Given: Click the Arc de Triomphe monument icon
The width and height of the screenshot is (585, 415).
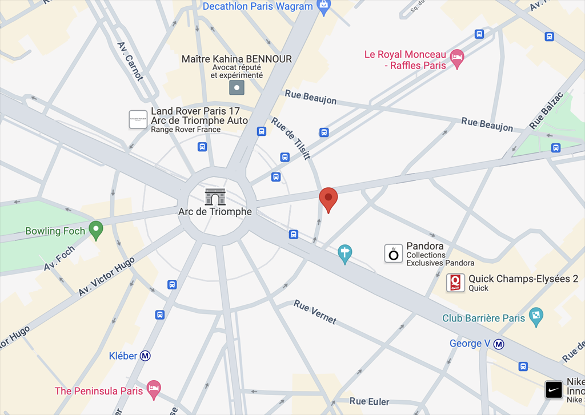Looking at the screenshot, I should [215, 197].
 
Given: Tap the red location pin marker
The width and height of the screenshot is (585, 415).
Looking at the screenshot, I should [328, 199].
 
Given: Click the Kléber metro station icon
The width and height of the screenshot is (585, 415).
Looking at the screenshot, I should [146, 356].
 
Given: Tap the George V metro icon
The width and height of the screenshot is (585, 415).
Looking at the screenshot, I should [499, 344].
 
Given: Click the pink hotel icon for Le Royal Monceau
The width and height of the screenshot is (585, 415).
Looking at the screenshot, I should [456, 58].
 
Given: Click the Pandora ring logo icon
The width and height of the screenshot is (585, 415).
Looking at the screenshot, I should [393, 254].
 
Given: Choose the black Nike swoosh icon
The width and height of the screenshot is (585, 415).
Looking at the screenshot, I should [554, 390].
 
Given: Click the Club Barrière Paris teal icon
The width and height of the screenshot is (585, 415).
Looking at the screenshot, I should [536, 316].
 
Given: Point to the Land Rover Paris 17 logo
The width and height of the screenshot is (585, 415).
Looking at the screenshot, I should [138, 119].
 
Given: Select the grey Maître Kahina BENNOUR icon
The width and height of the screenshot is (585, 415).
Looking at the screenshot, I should [237, 87].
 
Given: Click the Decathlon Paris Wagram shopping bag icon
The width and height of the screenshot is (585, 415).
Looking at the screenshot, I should [324, 7].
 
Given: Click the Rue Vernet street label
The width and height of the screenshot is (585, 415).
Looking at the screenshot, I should [315, 312].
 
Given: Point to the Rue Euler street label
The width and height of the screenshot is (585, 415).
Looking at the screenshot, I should [369, 401].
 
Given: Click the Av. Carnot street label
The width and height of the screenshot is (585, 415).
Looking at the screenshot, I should [130, 61].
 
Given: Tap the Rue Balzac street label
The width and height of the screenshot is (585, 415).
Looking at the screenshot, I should [546, 110].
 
